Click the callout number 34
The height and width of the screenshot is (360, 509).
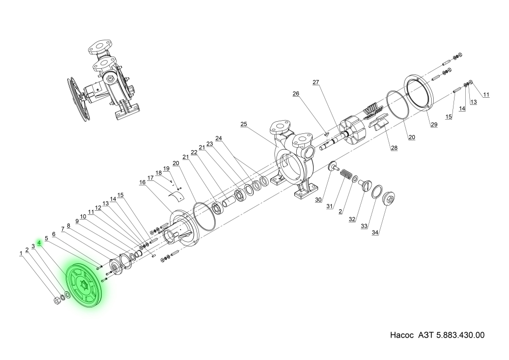(x=376, y=233)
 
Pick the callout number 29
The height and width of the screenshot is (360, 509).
(x=433, y=125)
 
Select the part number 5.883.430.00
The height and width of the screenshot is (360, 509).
(x=460, y=336)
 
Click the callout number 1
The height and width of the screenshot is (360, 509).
(x=21, y=253)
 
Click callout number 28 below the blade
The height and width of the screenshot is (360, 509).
(x=394, y=148)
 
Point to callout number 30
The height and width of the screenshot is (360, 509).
(x=318, y=200)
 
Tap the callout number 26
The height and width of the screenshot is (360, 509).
(x=296, y=94)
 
